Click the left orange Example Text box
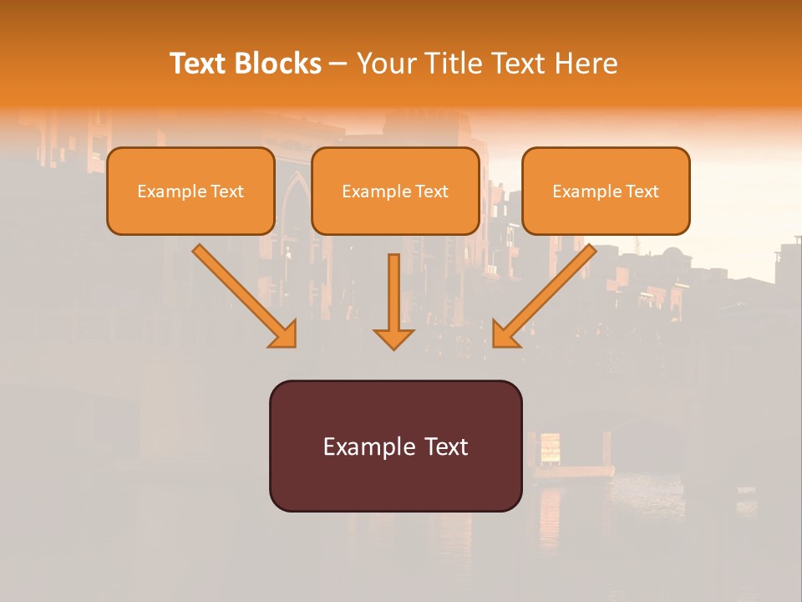pos(190,191)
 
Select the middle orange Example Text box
pos(395,191)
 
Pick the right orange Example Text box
pos(606,191)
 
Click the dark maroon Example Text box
pos(395,446)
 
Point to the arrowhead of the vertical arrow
pos(393,338)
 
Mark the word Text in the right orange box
pos(642,191)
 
